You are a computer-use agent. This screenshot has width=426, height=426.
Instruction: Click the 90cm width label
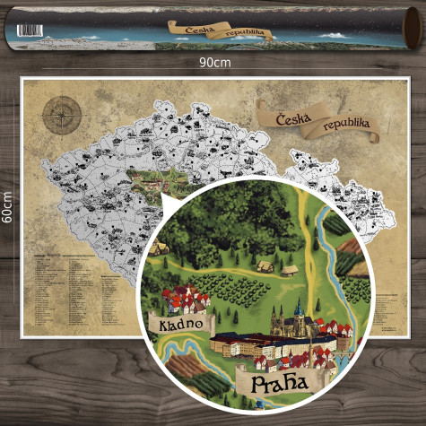[214, 64]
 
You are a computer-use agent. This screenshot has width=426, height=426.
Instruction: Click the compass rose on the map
[61, 114]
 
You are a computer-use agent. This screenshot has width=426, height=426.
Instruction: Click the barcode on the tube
[30, 30]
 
